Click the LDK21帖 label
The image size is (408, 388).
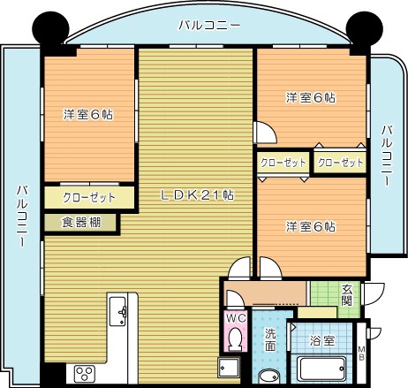[x=196, y=194]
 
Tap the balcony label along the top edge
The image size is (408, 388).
[x=208, y=26]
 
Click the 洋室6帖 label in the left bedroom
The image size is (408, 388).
[x=87, y=115]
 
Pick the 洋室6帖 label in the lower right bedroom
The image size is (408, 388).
[x=310, y=227]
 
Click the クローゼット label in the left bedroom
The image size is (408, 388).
[x=87, y=197]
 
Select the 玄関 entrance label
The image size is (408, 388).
[x=347, y=295]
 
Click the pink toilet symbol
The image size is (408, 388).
[x=235, y=339]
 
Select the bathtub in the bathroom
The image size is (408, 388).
[x=323, y=368]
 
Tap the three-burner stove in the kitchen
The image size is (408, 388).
[x=85, y=372]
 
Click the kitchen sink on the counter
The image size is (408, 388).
[x=119, y=310]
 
